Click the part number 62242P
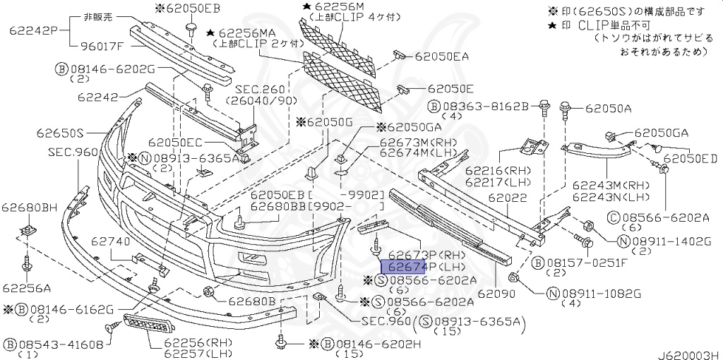(x=32, y=30)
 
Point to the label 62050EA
(x=446, y=54)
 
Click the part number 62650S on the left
(x=57, y=133)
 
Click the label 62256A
(x=26, y=288)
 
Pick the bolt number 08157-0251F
(x=591, y=263)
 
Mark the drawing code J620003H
(x=689, y=352)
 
